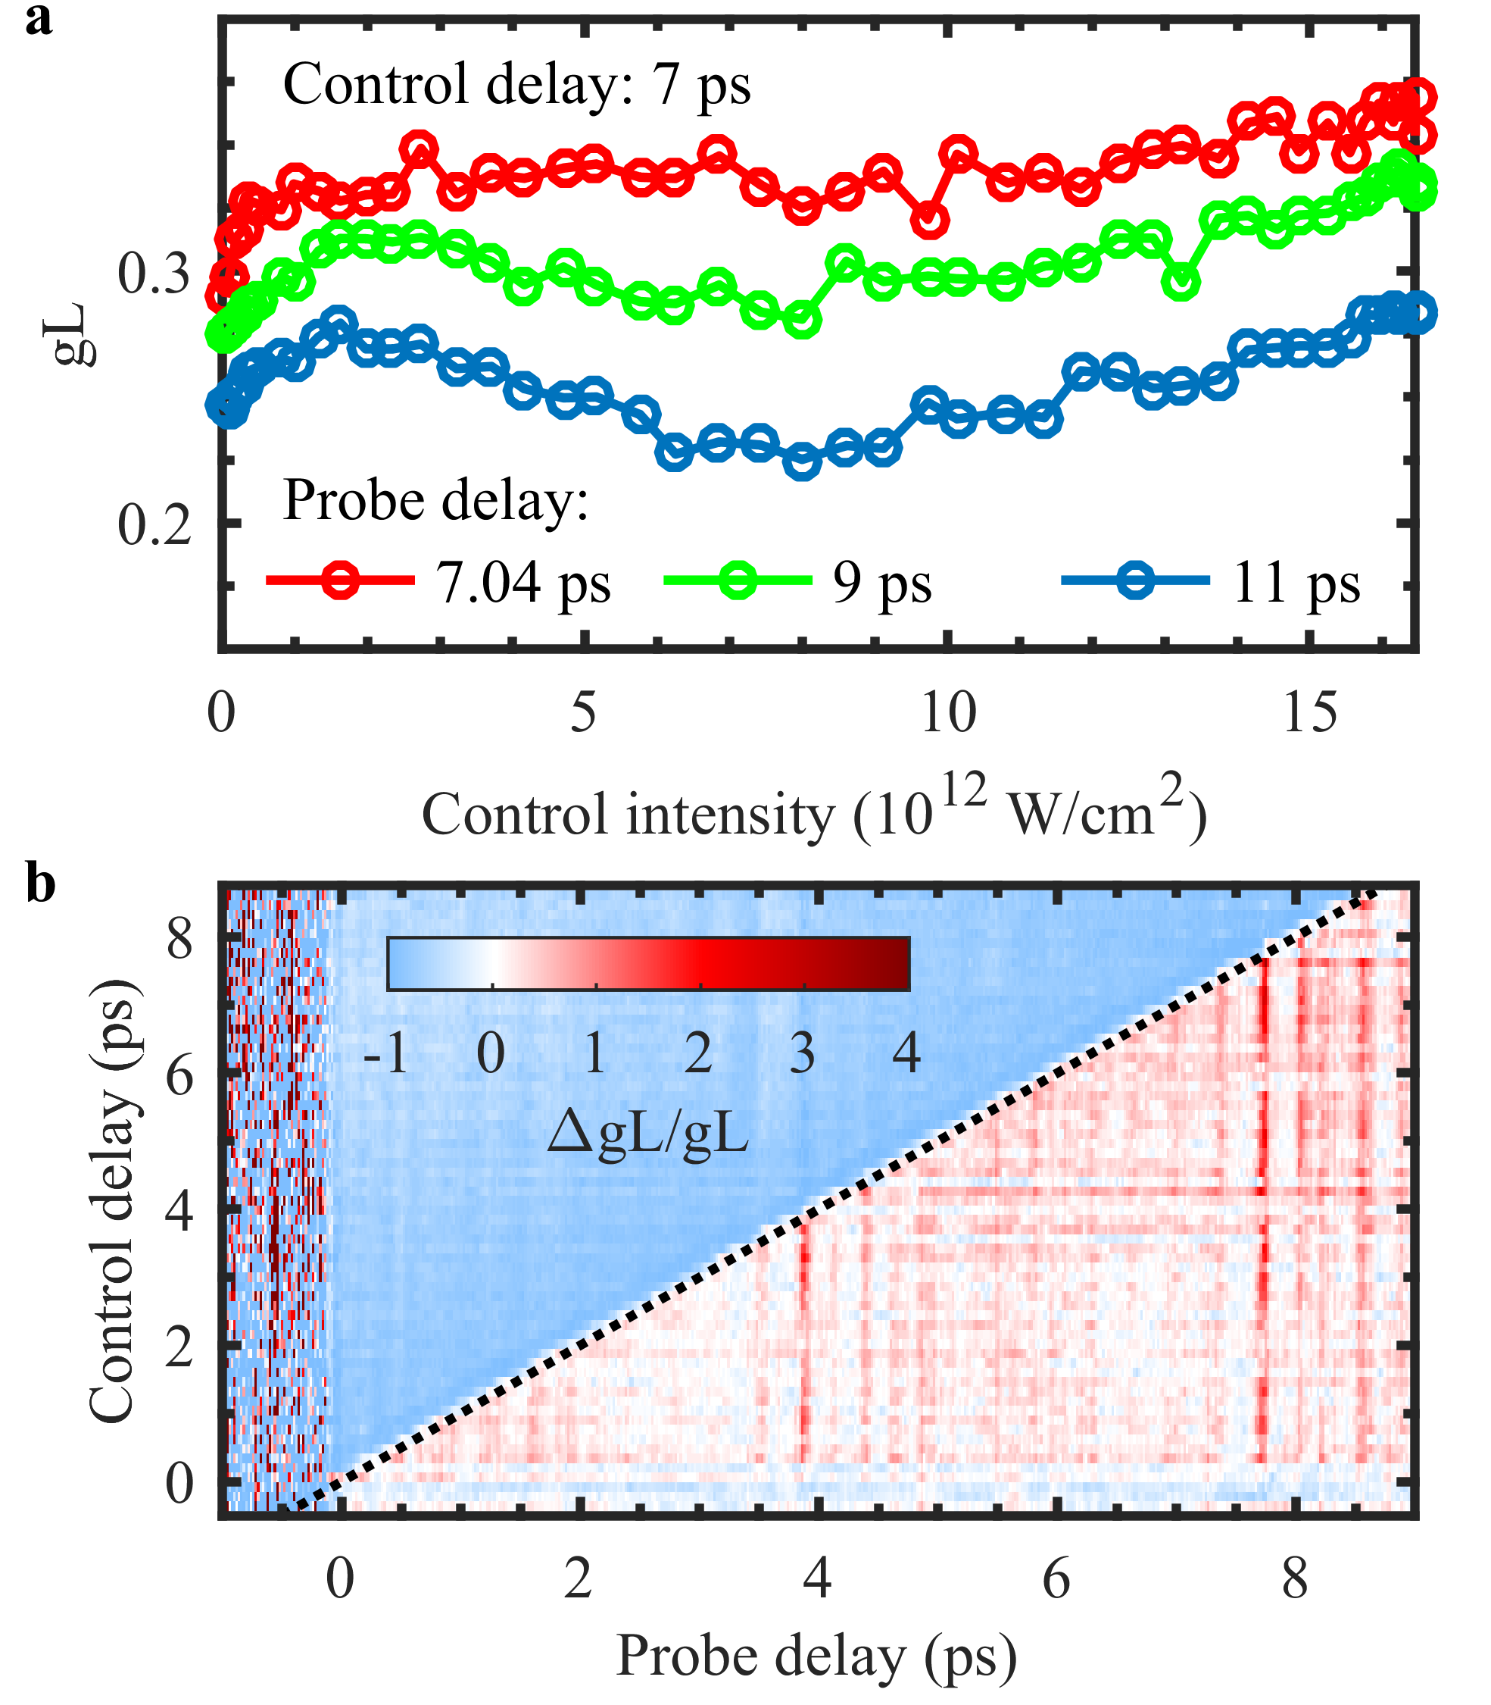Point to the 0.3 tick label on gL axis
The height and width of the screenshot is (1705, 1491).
(x=154, y=274)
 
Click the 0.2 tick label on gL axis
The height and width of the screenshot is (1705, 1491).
(x=154, y=525)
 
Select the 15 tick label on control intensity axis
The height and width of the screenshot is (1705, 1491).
(x=1311, y=714)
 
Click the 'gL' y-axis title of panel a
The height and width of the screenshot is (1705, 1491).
(x=70, y=335)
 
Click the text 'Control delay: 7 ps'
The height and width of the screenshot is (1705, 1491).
(x=516, y=85)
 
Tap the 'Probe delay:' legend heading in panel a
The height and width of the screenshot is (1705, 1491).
(x=436, y=501)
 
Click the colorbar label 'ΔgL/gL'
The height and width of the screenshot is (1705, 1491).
(x=648, y=1133)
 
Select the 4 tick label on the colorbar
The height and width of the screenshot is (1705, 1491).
(x=906, y=1053)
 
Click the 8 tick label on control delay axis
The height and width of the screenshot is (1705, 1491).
(x=179, y=942)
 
